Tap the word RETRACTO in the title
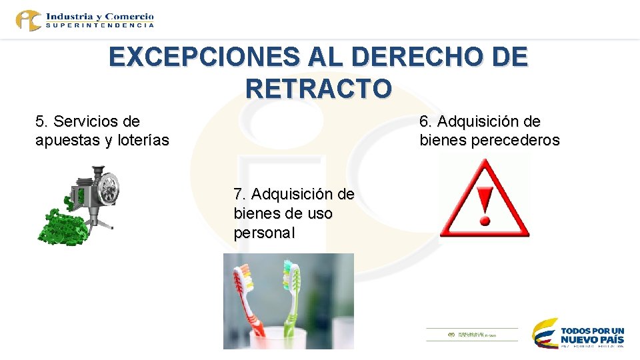point(319,88)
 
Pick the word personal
point(264,233)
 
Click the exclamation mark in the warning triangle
point(485,204)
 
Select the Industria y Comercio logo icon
point(29,20)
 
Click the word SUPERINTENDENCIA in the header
point(101,25)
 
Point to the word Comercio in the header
point(129,16)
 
